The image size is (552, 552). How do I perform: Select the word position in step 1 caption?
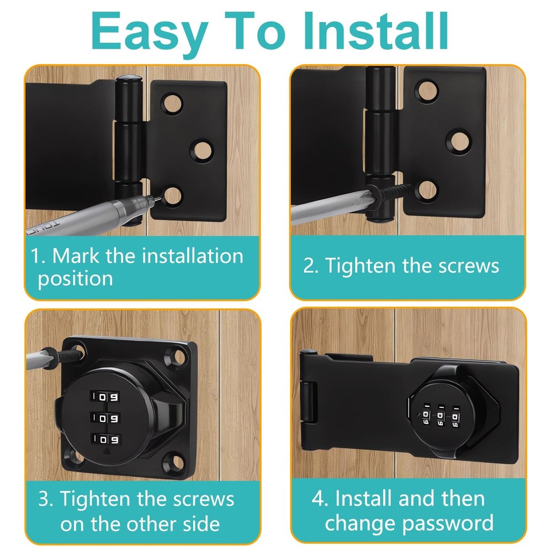(75, 278)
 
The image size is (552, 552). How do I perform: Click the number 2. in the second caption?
(310, 266)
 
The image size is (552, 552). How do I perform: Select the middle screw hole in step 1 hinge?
(201, 148)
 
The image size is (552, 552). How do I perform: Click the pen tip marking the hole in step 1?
(158, 201)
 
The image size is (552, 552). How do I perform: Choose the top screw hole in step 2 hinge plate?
(425, 89)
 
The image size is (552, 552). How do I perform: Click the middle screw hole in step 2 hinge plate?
(459, 140)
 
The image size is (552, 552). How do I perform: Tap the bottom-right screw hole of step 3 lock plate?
(176, 459)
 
